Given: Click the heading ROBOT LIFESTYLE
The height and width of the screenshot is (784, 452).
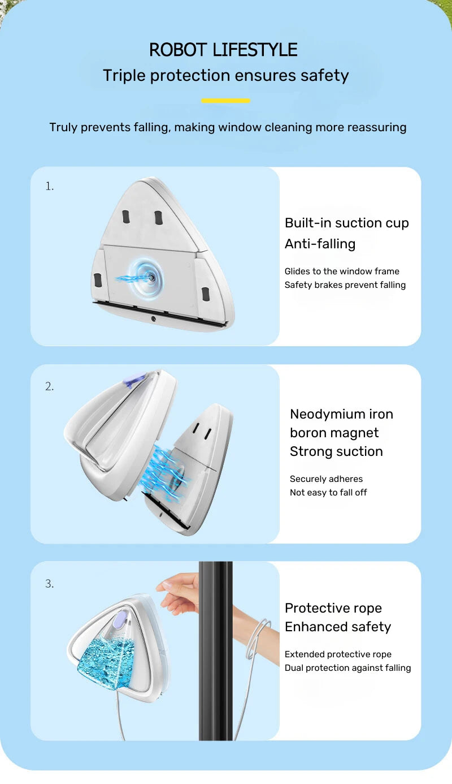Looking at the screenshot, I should click(223, 50).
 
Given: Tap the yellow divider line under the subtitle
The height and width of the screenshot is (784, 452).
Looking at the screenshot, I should click(225, 101).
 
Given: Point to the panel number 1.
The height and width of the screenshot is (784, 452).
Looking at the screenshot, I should click(50, 186).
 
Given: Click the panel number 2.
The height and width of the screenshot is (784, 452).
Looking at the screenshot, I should click(50, 386).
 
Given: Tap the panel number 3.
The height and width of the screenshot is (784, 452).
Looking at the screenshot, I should click(50, 584).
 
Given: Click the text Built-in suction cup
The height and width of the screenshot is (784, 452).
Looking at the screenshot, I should click(346, 223).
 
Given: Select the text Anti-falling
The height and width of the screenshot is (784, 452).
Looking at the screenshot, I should click(320, 244).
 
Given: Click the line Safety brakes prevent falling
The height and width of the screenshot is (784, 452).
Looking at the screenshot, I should click(345, 285).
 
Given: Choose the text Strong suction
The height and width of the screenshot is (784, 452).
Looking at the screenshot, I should click(336, 451).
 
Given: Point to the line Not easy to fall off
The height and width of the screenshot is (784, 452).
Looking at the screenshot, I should click(328, 493).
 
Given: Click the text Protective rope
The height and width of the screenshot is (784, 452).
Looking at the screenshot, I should click(333, 608).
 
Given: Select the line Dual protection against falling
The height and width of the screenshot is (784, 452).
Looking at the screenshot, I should click(347, 668).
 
